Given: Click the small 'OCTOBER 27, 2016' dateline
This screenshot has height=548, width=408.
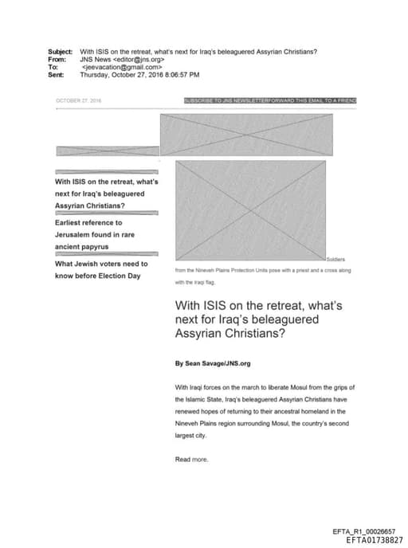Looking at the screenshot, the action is pos(78,101).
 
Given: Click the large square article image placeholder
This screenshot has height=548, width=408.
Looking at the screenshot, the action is pos(250,210).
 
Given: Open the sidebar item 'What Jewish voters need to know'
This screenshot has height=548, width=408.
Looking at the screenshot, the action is pos(100,269).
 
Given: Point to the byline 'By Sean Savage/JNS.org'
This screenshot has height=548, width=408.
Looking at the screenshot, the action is pos(213,363).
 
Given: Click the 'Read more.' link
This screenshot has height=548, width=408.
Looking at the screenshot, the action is pos(191,460).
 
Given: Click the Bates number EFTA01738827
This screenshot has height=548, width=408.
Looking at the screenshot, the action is pos(375,539).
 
